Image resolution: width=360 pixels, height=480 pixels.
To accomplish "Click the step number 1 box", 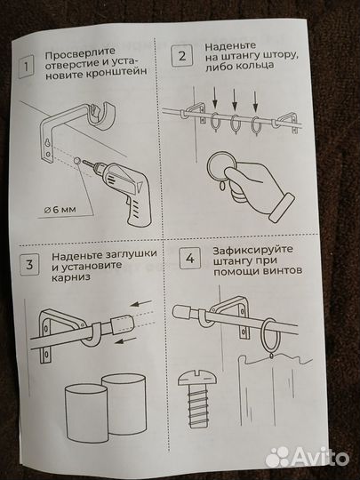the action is [27, 66].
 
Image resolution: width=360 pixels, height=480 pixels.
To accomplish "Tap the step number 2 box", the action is [182, 56].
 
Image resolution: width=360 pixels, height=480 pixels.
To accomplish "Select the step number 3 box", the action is [29, 265].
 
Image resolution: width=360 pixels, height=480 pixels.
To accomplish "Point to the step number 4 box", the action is [190, 259].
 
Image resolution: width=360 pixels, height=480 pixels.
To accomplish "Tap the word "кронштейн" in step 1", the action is [116, 72].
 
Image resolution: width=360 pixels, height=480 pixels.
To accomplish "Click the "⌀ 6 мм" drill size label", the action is [60, 210].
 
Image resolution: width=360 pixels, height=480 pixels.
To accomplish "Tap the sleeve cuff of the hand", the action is [282, 207].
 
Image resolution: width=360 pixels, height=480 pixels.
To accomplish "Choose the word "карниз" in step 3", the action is [71, 277].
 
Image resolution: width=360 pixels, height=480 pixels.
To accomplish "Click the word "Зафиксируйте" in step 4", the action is [252, 250].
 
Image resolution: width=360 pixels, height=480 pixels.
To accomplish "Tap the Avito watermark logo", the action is [307, 457].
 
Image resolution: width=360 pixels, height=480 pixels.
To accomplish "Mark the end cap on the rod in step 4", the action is [181, 312].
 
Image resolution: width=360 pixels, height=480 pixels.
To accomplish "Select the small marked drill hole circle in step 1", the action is [76, 160].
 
